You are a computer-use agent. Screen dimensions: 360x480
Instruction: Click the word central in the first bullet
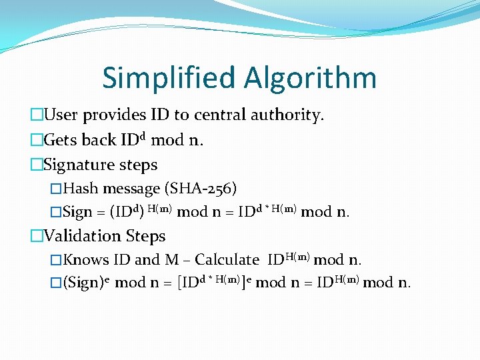tap(220, 115)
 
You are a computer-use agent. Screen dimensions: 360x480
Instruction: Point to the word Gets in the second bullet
tap(60, 140)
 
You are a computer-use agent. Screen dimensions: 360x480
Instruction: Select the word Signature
tap(79, 165)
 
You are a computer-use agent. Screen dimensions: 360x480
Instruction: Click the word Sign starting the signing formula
tap(77, 213)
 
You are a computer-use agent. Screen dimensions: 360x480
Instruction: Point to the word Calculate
tap(226, 260)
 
